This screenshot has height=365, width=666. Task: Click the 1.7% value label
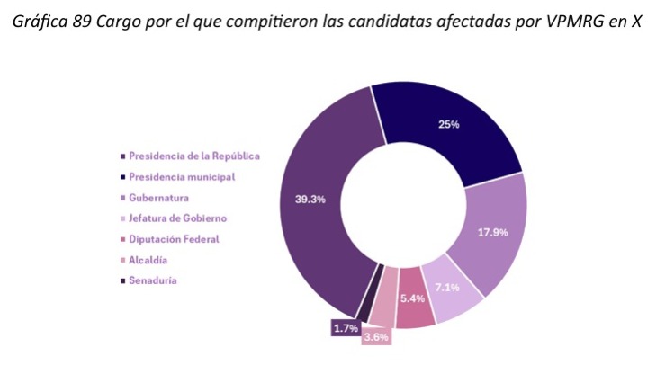(x=346, y=329)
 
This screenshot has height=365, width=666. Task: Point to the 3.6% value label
(x=375, y=338)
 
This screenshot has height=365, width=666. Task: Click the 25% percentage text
(x=448, y=124)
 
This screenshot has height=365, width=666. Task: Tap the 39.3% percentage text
(x=310, y=200)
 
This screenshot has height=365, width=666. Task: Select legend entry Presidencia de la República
(x=193, y=156)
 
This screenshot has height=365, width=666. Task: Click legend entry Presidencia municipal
(x=181, y=176)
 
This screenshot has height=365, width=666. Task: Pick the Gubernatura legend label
(x=158, y=197)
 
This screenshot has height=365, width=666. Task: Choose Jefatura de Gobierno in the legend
(x=177, y=218)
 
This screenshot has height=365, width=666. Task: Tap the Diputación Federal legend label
(x=174, y=239)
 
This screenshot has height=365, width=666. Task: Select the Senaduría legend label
(x=152, y=280)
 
